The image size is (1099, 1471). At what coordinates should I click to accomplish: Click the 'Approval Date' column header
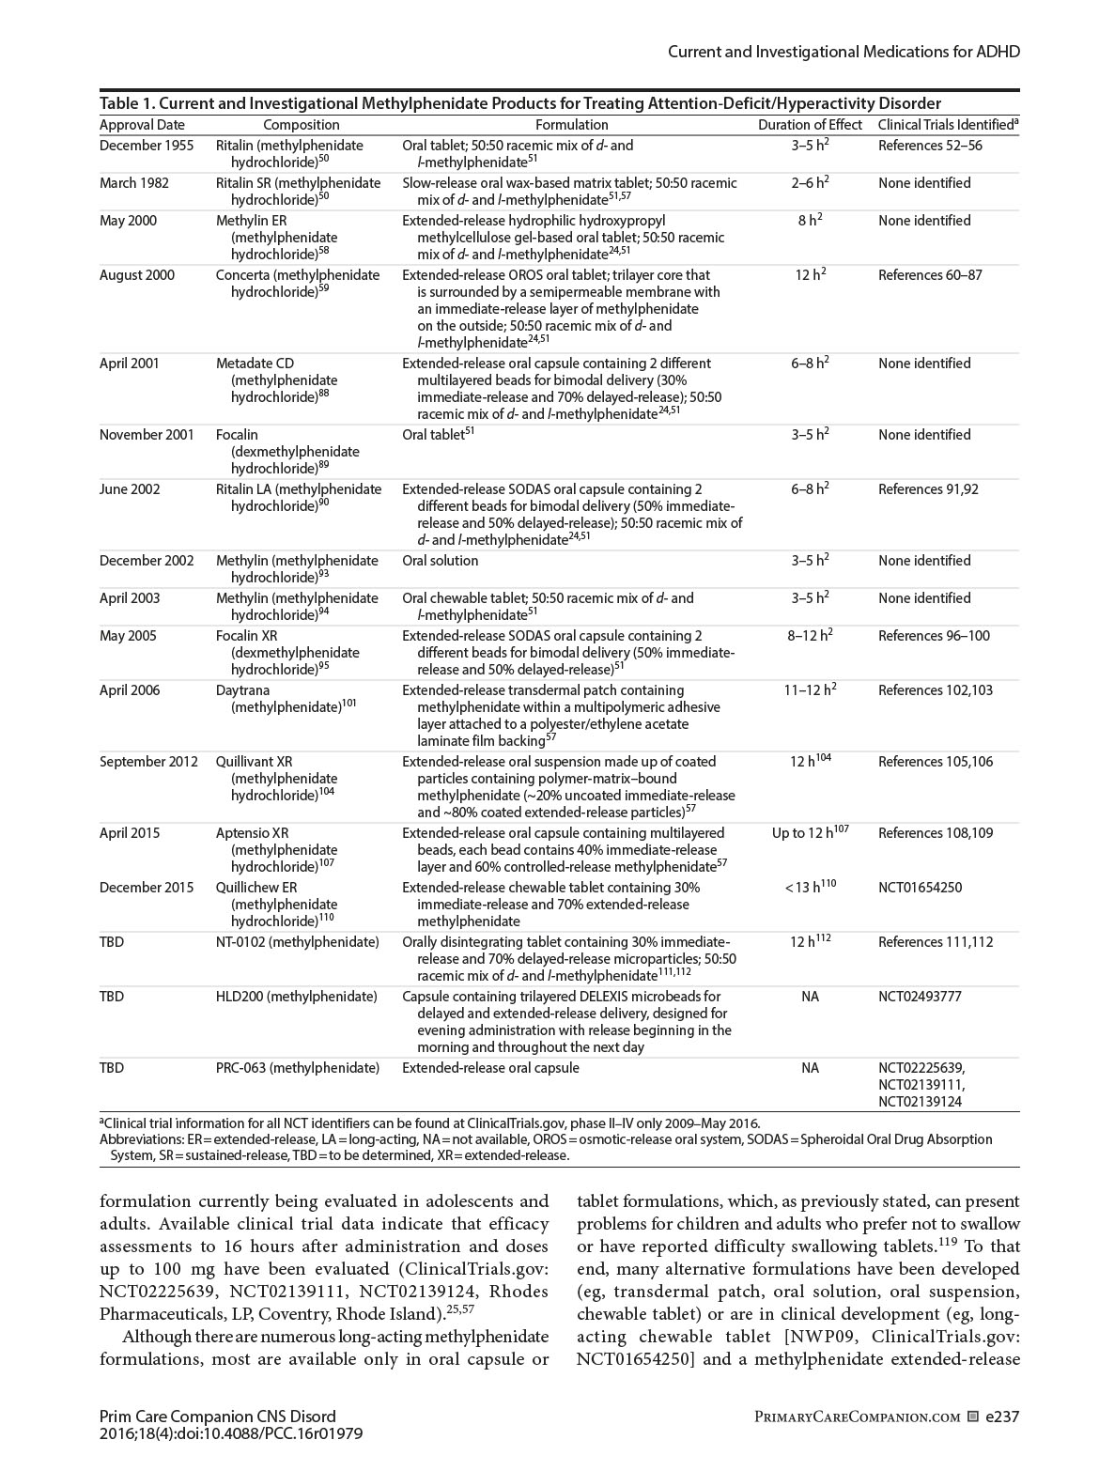(x=142, y=125)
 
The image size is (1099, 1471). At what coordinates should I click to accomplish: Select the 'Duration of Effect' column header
(x=810, y=125)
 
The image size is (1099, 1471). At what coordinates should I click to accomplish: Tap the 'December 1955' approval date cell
(x=147, y=146)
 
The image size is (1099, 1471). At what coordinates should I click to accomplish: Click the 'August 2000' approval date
(x=137, y=275)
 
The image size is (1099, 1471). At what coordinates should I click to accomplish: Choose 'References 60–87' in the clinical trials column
(x=930, y=275)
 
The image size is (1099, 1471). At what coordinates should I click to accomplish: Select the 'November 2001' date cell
(x=147, y=435)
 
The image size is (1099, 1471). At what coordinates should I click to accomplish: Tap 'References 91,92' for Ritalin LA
(x=928, y=489)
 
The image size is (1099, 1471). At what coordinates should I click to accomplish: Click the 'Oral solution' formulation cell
(x=440, y=561)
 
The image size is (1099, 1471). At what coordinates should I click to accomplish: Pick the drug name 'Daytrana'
(x=242, y=690)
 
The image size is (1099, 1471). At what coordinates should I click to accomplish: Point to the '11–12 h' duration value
(x=809, y=690)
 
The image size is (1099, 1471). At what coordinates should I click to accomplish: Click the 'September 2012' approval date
(x=148, y=762)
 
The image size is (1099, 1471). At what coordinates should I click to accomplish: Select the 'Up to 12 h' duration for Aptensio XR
(x=809, y=833)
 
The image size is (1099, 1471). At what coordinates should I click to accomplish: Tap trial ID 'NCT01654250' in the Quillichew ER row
(x=920, y=888)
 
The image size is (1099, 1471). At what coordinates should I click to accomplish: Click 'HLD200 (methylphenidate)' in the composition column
(x=296, y=997)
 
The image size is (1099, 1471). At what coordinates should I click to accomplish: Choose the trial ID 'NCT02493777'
(x=920, y=997)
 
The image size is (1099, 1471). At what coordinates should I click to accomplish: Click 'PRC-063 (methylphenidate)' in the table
(x=298, y=1068)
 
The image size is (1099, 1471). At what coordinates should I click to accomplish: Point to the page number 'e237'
(x=1001, y=1417)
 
